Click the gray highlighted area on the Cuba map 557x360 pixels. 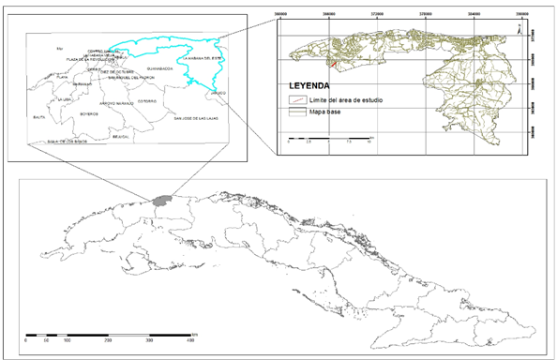163,201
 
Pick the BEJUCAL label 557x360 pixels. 119,135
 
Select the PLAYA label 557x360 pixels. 64,77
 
